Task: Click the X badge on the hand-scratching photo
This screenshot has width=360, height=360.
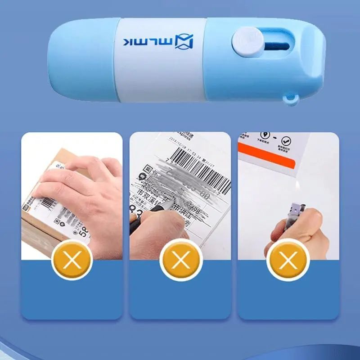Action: (72, 260)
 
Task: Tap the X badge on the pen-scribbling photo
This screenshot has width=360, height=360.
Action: (180, 260)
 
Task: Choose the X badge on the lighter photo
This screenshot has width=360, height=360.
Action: (288, 260)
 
